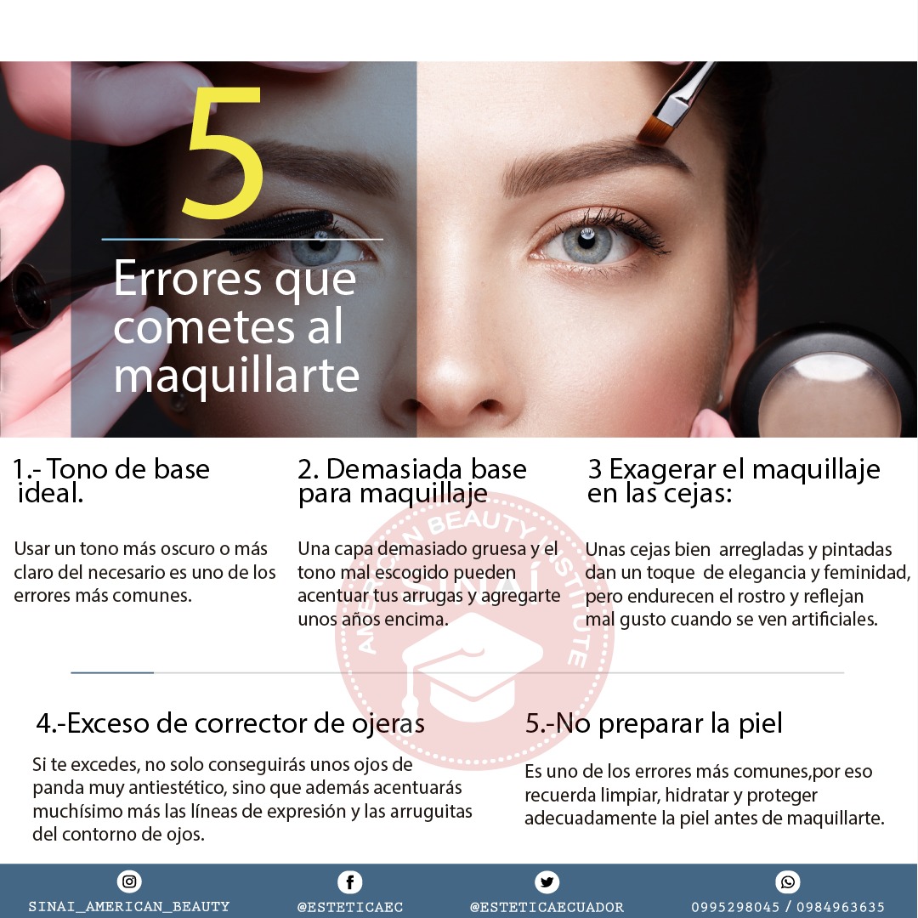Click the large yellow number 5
coord(223,151)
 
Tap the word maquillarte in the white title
coord(236,375)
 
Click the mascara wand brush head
coord(280,225)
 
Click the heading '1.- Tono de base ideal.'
coord(110,480)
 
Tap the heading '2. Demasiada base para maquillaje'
coord(412,480)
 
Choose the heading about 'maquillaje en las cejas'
coord(734,480)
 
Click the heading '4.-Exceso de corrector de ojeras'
coord(230,723)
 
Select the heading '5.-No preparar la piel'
coord(654,723)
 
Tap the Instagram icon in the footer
coord(129,881)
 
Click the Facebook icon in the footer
coord(349,881)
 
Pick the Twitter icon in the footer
coord(547,881)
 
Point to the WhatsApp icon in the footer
coord(788,881)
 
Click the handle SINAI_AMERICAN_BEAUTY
coord(129,907)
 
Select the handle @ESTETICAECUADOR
coord(547,907)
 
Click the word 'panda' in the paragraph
coord(59,789)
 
